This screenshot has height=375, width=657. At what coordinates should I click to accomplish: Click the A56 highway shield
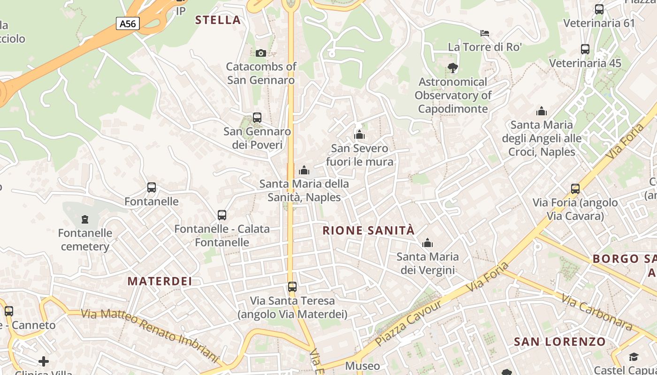(x=128, y=23)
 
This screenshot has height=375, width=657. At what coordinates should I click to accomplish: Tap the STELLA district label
(x=218, y=20)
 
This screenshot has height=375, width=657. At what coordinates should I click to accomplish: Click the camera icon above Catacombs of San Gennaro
(x=261, y=53)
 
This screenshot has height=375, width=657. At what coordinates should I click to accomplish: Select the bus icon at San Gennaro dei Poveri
(x=257, y=117)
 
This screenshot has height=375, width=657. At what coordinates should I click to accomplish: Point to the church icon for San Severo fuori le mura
(x=359, y=135)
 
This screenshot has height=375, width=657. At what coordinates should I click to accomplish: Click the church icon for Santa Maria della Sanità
(x=304, y=170)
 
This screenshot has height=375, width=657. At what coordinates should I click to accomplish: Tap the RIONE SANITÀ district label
(x=369, y=230)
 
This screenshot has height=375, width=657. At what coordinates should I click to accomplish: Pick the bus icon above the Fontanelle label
(x=152, y=187)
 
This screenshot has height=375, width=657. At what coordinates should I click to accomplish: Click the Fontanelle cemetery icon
(x=85, y=219)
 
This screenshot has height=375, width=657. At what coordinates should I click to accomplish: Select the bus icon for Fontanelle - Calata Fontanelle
(x=222, y=215)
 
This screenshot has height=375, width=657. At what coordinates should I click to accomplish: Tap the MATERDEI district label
(x=160, y=281)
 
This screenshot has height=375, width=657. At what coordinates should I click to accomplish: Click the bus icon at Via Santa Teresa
(x=292, y=286)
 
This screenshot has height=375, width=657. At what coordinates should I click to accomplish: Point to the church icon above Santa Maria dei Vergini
(x=428, y=243)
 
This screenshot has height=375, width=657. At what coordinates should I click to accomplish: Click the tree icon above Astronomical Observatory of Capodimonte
(x=453, y=68)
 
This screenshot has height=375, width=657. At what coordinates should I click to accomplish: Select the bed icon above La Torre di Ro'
(x=485, y=33)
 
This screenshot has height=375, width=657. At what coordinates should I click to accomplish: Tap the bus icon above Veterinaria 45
(x=585, y=49)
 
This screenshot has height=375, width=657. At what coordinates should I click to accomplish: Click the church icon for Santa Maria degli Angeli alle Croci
(x=542, y=111)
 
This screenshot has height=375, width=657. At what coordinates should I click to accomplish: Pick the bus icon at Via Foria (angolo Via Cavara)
(x=575, y=189)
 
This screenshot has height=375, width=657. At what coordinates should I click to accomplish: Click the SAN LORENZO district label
(x=560, y=342)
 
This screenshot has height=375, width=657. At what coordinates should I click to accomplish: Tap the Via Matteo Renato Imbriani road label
(x=150, y=335)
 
